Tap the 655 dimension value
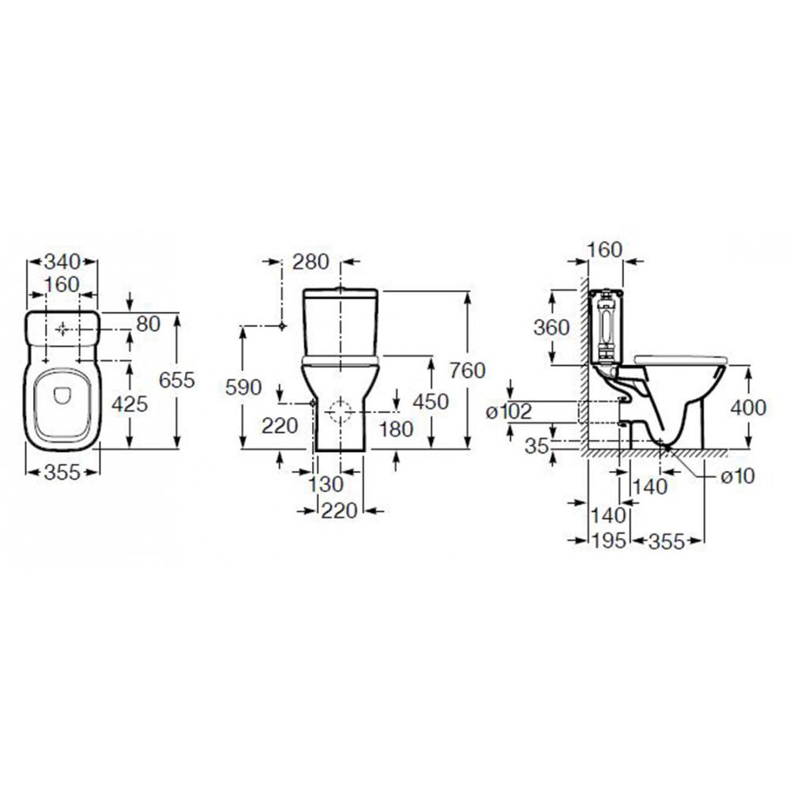pyautogui.click(x=176, y=380)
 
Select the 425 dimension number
pyautogui.click(x=130, y=404)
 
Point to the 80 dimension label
pyautogui.click(x=149, y=324)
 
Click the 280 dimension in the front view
pyautogui.click(x=310, y=262)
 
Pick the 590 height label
pyautogui.click(x=243, y=387)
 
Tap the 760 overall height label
pyautogui.click(x=468, y=371)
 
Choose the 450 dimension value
pyautogui.click(x=431, y=402)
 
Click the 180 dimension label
pyautogui.click(x=396, y=429)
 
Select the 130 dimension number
pyautogui.click(x=325, y=485)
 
